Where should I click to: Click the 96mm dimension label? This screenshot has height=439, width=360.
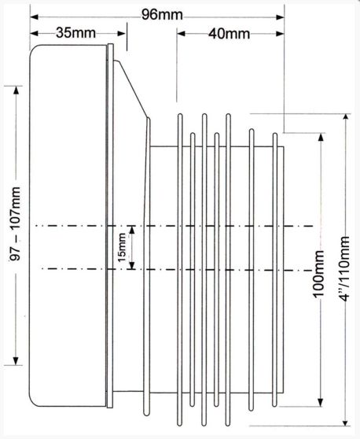[x=162, y=15]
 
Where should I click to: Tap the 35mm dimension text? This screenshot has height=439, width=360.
[x=75, y=33]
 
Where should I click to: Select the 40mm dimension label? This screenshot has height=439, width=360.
[x=229, y=34]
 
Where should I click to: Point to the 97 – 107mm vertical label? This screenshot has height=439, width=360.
[x=17, y=223]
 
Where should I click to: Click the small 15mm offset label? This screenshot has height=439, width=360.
[x=122, y=248]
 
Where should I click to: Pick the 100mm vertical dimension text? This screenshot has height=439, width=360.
[x=318, y=274]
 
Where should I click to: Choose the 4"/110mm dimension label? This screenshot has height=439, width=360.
[x=343, y=269]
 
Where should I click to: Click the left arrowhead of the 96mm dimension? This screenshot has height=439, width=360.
[x=34, y=17]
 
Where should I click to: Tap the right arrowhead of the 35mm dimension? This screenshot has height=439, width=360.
[x=122, y=34]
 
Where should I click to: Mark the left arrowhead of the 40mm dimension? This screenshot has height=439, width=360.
[x=181, y=34]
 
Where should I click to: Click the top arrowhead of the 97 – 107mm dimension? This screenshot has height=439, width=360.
[x=17, y=90]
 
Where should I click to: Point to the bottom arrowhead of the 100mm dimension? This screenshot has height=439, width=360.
[x=321, y=402]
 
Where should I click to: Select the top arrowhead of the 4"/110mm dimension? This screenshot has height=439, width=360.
[x=347, y=118]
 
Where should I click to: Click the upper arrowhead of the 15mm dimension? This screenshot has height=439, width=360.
[x=132, y=230]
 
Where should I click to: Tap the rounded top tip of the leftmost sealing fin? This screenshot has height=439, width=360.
[x=180, y=115]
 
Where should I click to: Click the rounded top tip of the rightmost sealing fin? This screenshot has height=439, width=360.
[x=275, y=134]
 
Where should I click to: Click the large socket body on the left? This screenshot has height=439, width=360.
[x=68, y=226]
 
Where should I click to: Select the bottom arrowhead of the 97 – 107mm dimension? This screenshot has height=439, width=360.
[x=17, y=361]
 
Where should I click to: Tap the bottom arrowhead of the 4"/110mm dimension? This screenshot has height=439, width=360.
[x=347, y=422]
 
